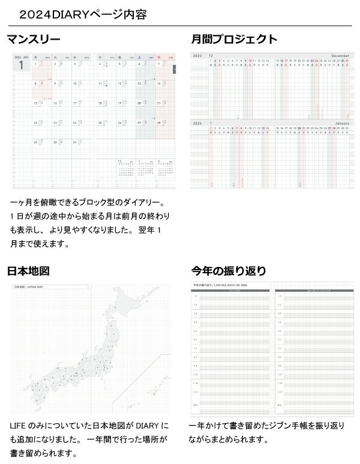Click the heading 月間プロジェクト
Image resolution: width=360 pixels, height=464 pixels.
click(234, 40)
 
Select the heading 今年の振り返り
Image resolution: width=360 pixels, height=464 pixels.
click(228, 271)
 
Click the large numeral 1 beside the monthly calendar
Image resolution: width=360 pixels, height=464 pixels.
click(20, 66)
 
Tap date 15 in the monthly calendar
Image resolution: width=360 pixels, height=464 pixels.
click(35, 103)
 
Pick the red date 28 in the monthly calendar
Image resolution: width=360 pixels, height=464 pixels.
click(158, 122)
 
